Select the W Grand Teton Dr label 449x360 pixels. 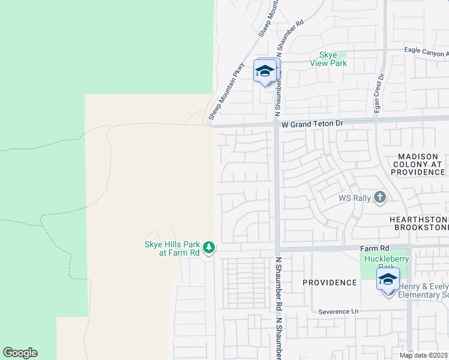[312, 124]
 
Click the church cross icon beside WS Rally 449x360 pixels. [379, 197]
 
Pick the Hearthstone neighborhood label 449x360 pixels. [419, 220]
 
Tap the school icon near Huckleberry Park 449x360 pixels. [388, 280]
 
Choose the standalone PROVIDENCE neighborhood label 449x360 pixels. [330, 282]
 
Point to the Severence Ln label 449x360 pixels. [338, 311]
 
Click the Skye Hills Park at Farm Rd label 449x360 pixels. [172, 248]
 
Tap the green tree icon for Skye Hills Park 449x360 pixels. [208, 247]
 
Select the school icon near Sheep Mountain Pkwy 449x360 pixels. [265, 71]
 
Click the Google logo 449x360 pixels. [20, 353]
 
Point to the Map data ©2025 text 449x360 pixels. [424, 355]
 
